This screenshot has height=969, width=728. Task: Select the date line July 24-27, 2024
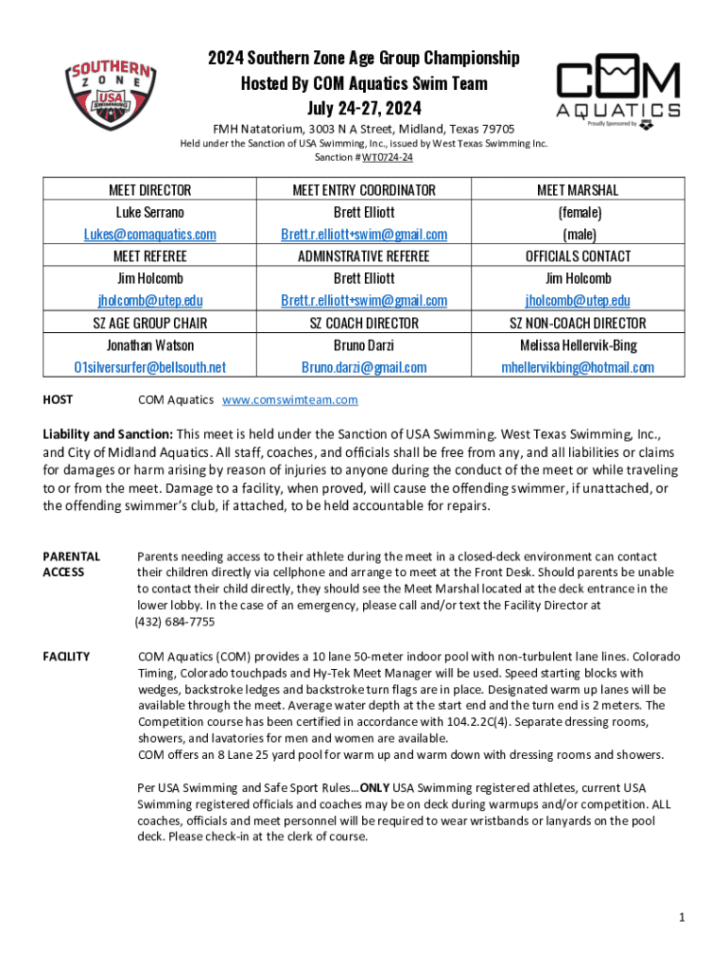click(x=363, y=107)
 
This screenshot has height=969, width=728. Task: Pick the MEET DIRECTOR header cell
click(x=149, y=190)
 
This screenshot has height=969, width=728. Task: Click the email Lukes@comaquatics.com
click(x=149, y=234)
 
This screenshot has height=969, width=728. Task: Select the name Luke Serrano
click(x=149, y=212)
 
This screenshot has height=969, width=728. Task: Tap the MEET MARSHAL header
click(x=578, y=190)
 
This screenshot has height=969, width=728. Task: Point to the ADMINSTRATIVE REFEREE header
click(x=363, y=256)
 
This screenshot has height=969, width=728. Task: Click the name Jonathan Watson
click(x=149, y=345)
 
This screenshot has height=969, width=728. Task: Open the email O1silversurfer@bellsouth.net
click(x=149, y=367)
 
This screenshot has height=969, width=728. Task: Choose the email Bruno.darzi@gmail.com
click(x=363, y=367)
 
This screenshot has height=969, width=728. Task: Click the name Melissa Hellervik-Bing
click(x=578, y=345)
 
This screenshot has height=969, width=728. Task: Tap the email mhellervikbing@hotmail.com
click(x=578, y=367)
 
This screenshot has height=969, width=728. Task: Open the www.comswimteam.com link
click(x=289, y=400)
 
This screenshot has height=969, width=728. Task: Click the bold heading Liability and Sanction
click(x=113, y=434)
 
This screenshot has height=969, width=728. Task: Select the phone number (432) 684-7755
click(x=175, y=622)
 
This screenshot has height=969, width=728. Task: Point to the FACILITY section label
click(x=66, y=657)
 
